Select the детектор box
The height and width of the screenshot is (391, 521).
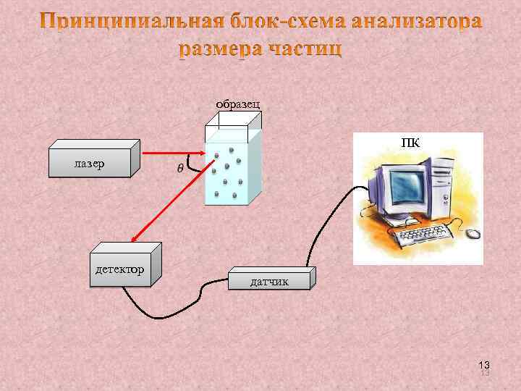pos(121,269)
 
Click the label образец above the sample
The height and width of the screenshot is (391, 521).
pos(240,104)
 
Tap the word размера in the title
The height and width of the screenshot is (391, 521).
pos(219,49)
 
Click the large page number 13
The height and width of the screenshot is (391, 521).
pos(484,364)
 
